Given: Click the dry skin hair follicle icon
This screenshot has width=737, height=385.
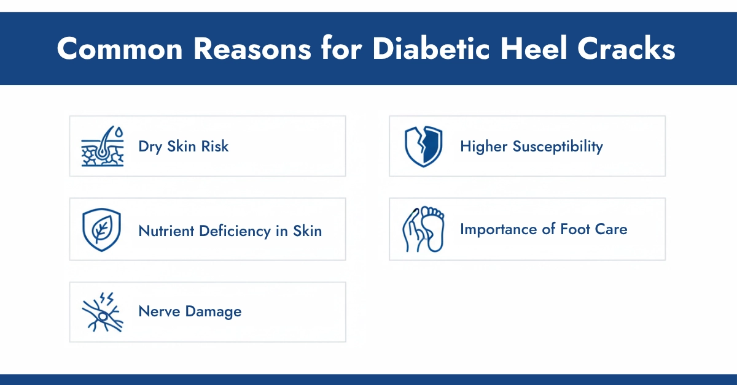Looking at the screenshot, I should tap(103, 147).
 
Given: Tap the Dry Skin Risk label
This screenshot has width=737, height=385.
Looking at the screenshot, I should tap(184, 147).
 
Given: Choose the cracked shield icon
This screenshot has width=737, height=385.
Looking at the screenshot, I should tap(423, 147).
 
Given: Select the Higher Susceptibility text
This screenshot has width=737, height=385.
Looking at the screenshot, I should tap(531, 147).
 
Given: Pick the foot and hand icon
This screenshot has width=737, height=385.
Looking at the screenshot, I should tap(423, 229).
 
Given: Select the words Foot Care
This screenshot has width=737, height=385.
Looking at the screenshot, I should tap(593, 230).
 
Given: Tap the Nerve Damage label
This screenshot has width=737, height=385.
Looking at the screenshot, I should tap(190, 311).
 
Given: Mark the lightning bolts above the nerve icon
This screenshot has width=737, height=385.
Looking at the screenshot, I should tap(106, 299).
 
